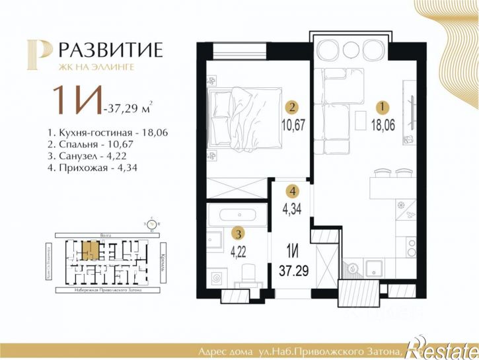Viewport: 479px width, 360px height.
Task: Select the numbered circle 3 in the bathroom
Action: pyautogui.click(x=235, y=233)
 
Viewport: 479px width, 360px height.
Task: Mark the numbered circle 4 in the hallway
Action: pyautogui.click(x=291, y=191)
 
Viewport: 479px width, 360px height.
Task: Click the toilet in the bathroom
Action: pyautogui.click(x=247, y=272)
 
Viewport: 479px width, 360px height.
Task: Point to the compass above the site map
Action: pyautogui.click(x=153, y=224)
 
